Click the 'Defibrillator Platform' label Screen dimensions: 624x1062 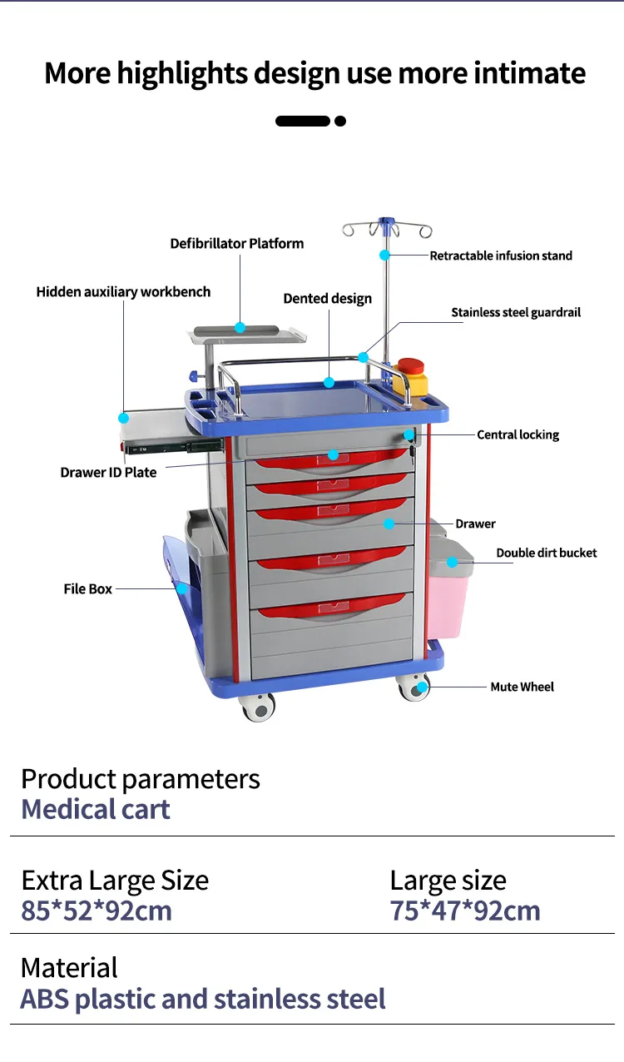click(237, 244)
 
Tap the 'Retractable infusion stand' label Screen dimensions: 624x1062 click(501, 256)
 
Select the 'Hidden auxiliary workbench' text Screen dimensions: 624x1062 click(123, 291)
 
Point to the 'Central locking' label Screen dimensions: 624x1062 click(518, 434)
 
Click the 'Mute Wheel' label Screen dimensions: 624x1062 click(522, 687)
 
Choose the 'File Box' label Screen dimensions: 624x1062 click(87, 588)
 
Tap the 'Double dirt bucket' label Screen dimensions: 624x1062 click(547, 553)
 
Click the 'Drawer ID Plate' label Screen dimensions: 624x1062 click(108, 472)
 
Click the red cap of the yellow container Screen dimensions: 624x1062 click(410, 366)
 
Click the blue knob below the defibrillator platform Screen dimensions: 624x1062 click(194, 376)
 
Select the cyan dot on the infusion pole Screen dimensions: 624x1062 click(384, 255)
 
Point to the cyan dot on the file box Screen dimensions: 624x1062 click(181, 588)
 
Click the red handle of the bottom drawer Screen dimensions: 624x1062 click(333, 608)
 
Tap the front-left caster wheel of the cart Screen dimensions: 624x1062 click(258, 707)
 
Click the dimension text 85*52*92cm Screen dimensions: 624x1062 click(97, 911)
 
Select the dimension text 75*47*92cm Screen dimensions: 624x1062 click(465, 911)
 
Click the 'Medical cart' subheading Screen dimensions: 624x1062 click(96, 809)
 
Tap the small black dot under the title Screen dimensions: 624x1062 click(340, 121)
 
